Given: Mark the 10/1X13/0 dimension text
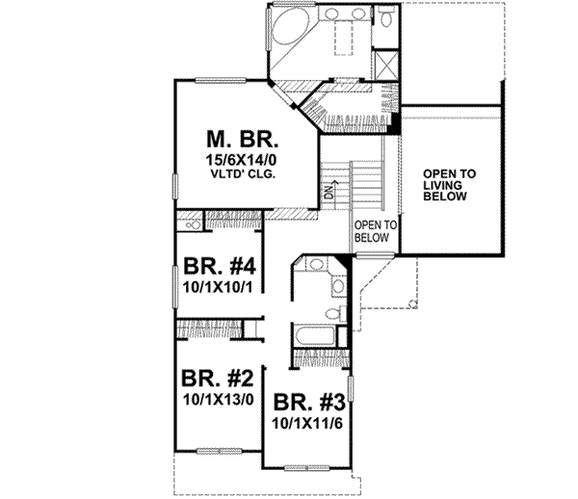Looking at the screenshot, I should [213, 396].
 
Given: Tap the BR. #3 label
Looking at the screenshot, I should [306, 403].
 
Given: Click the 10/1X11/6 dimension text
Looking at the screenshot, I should [306, 422].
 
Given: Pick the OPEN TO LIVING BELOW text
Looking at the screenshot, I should [449, 184].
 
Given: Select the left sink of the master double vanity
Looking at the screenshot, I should [332, 15].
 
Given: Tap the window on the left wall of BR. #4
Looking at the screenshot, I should [174, 280].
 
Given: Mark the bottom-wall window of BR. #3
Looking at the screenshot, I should [306, 470].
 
